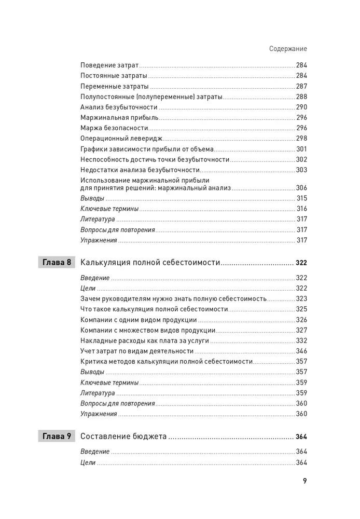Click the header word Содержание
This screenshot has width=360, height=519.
[288, 49]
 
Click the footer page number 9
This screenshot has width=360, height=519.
[305, 481]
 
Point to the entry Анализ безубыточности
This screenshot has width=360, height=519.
[119, 107]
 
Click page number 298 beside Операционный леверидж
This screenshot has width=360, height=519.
[301, 138]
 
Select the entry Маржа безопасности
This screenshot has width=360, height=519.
[114, 128]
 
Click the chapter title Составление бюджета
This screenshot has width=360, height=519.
[124, 436]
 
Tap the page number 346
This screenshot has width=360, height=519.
[301, 351]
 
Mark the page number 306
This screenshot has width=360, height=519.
[301, 188]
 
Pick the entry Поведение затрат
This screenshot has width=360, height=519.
[110, 65]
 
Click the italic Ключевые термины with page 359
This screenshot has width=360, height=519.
[109, 383]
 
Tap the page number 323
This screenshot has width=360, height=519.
[301, 299]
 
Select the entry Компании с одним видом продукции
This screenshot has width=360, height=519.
[139, 320]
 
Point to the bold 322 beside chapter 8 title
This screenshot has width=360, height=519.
[301, 263]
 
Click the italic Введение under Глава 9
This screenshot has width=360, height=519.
[95, 452]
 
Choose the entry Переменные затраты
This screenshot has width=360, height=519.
[114, 86]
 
